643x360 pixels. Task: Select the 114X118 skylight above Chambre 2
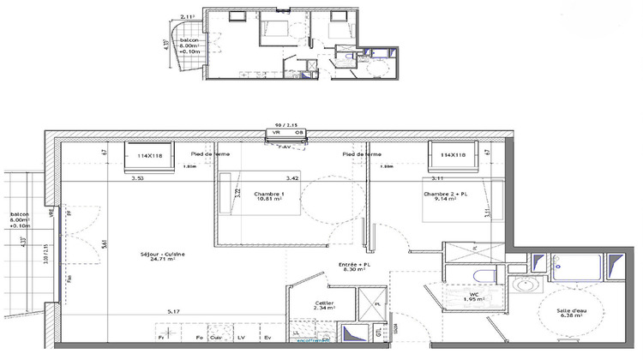click(453, 156)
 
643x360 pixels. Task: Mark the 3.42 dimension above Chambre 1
click(291, 179)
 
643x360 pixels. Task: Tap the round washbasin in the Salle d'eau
click(523, 284)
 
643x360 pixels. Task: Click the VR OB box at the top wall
click(287, 133)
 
